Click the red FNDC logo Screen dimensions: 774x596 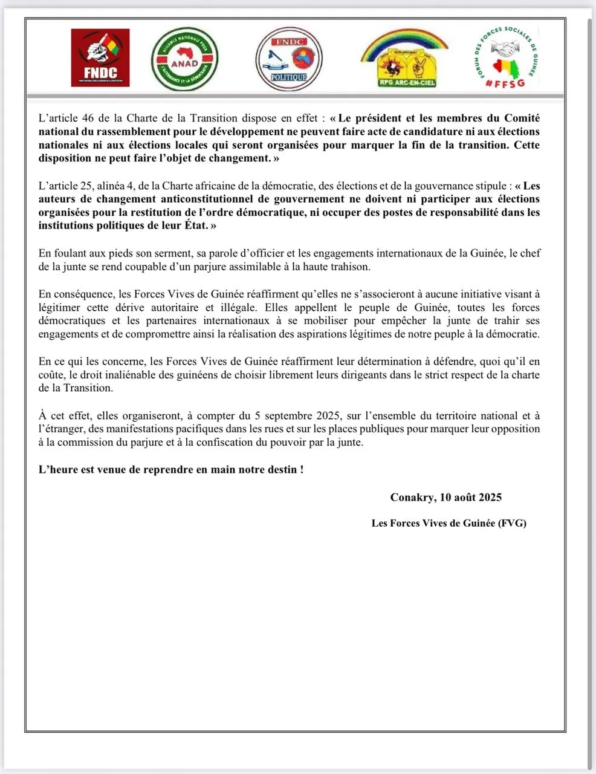point(100,58)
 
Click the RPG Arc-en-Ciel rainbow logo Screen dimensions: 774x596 point(404,59)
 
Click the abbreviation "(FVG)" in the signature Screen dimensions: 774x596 point(511,523)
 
